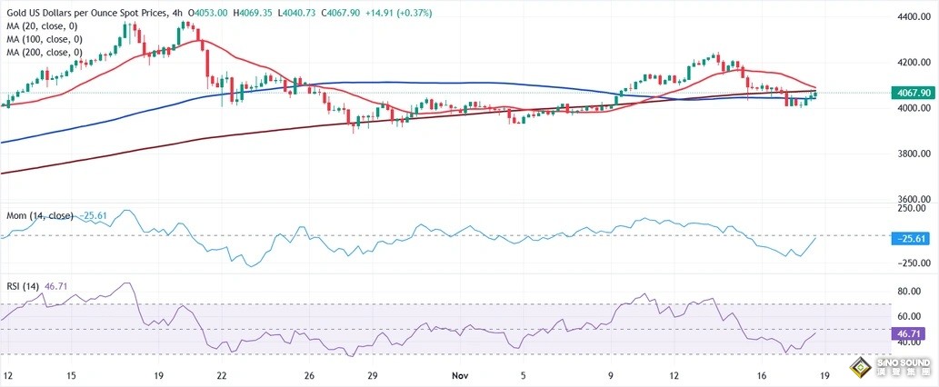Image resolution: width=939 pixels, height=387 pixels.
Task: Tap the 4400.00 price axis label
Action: pos(911,17)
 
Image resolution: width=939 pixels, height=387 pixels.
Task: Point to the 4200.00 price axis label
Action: pos(911,63)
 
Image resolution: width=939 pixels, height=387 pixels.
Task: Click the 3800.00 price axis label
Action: pos(911,154)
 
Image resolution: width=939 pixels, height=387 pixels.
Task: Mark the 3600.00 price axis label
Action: pos(911,199)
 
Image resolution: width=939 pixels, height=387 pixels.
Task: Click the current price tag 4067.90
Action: pos(912,93)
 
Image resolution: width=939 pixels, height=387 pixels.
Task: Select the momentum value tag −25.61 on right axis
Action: pos(912,236)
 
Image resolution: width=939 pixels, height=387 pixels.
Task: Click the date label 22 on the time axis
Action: pos(221,375)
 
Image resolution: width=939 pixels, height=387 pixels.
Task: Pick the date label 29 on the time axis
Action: pos(373,375)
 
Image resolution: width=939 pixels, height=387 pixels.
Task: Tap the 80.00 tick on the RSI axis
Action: pos(911,292)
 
